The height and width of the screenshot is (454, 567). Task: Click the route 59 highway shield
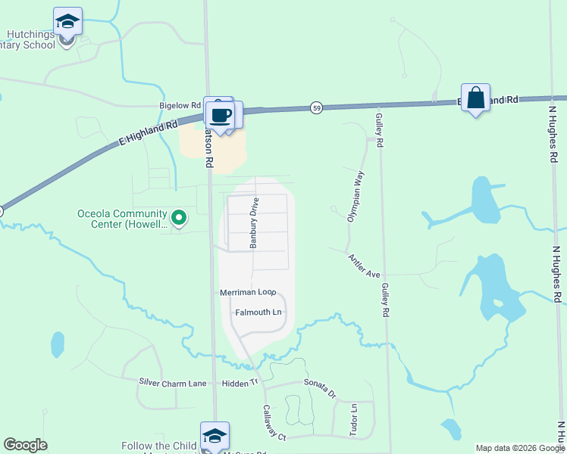point(315,108)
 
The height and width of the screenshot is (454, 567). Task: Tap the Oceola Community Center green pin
point(179,218)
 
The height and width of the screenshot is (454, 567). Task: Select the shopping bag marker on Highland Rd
point(475,98)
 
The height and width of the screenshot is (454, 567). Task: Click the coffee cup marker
point(221,116)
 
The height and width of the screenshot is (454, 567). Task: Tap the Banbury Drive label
point(255,223)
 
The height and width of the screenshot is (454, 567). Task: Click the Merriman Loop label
point(247,292)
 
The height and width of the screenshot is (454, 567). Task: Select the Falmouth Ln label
point(258,312)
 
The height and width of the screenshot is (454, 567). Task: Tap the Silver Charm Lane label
point(173,384)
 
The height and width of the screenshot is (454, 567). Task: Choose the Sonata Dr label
point(319,389)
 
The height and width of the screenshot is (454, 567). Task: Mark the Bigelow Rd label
point(179,106)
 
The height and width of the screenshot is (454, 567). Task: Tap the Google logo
point(25,445)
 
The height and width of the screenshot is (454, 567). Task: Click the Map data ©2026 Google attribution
point(520,449)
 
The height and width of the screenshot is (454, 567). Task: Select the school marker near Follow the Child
point(215,437)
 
